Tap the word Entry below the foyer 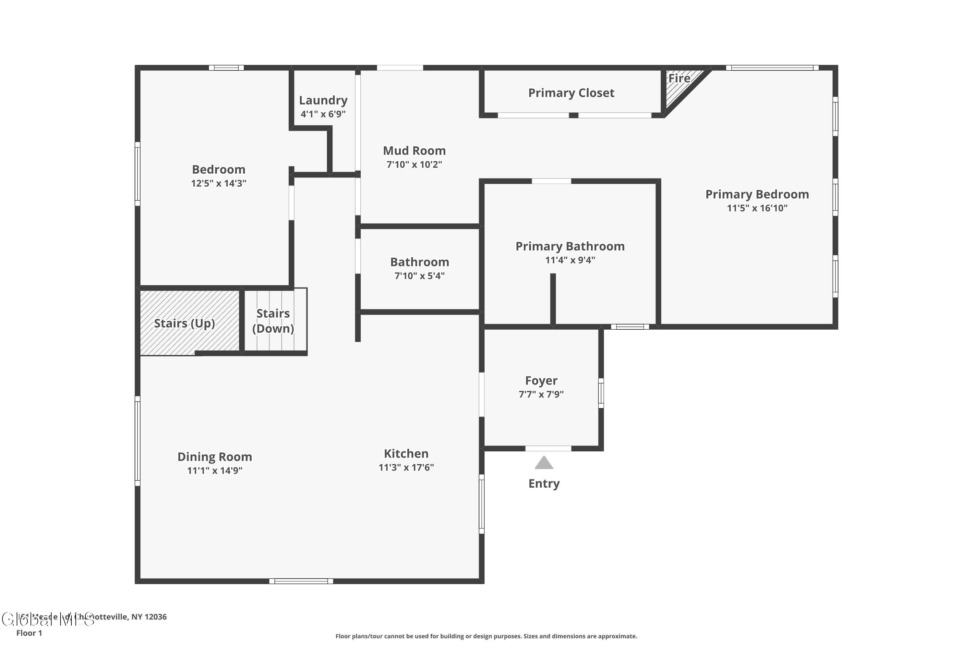[544, 484]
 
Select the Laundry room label [323, 100]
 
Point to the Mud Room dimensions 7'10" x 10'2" [414, 164]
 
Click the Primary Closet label [571, 93]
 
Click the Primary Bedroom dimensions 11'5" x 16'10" [757, 208]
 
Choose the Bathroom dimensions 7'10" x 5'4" [419, 276]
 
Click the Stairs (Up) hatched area [185, 323]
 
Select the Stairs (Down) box [274, 321]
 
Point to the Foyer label [541, 380]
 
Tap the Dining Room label [215, 457]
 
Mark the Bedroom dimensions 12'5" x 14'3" [218, 183]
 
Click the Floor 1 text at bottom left [29, 633]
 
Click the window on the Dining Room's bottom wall [301, 581]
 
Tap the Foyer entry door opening [548, 448]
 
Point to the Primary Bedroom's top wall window [772, 68]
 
